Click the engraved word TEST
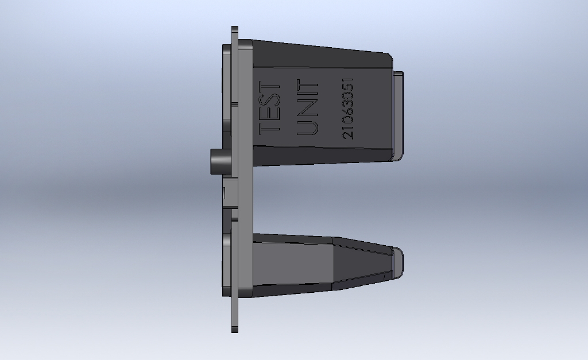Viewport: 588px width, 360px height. click(270, 107)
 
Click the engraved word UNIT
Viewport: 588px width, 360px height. click(308, 107)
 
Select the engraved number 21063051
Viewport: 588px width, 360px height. click(348, 109)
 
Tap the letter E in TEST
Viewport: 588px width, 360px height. click(270, 114)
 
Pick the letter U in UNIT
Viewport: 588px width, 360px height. click(308, 127)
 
